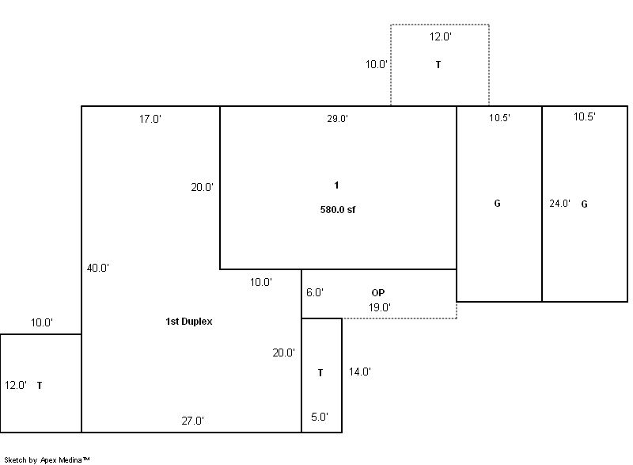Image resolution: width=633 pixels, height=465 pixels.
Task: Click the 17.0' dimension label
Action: (x=150, y=119)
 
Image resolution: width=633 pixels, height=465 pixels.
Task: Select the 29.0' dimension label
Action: (x=338, y=119)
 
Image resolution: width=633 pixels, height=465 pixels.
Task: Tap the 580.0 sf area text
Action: (x=338, y=210)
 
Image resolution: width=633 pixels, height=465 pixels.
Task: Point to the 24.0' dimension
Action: (x=559, y=204)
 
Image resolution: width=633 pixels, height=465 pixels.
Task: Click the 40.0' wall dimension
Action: (x=97, y=268)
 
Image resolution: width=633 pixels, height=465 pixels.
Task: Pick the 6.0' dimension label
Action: (x=315, y=292)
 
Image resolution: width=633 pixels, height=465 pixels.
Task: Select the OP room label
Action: (x=378, y=293)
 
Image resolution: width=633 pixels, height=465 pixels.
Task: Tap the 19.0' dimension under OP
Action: (x=380, y=307)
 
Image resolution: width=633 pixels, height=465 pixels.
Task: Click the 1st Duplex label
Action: (x=189, y=322)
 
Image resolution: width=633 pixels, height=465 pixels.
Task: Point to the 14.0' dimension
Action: (x=360, y=372)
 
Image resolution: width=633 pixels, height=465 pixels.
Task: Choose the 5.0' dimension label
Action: (x=320, y=417)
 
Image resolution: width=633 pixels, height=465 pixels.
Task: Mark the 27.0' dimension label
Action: (x=192, y=421)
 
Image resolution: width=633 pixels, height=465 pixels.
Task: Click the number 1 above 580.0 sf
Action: (x=336, y=185)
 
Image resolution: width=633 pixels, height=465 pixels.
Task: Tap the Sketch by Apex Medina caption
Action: (x=47, y=459)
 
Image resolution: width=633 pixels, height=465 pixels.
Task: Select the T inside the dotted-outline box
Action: (x=438, y=65)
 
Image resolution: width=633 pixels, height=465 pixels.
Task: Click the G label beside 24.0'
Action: (x=584, y=204)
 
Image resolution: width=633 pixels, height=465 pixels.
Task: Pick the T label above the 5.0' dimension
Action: (x=320, y=373)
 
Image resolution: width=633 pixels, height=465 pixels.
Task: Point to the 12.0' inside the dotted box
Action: (x=441, y=36)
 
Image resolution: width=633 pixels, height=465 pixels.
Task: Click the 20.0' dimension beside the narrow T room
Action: (x=283, y=353)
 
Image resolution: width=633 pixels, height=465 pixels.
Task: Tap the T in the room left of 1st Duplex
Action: (x=40, y=386)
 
